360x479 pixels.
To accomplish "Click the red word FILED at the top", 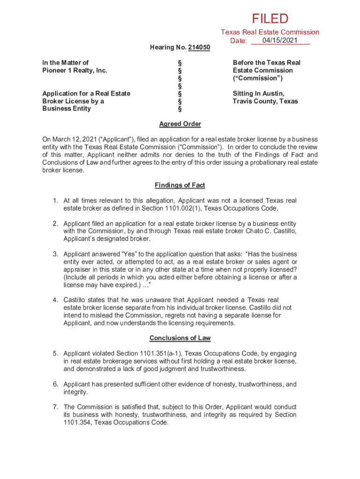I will pos(270,19).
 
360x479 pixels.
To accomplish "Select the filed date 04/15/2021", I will pos(280,41).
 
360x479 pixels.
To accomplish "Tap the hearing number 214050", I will pos(199,48).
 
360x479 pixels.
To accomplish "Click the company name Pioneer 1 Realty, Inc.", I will pos(75,70).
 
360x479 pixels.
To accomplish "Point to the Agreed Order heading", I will pos(180,124).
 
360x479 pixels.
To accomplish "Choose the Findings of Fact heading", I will pos(180,185).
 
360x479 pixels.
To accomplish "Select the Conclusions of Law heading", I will pos(180,338).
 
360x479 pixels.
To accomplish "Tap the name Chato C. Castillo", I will pos(271,231).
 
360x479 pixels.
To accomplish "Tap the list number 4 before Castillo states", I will pos(55,300).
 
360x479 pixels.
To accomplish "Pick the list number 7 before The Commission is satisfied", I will pos(55,407).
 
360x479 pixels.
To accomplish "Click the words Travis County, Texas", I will pos(265,101).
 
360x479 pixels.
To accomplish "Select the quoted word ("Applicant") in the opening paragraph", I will pos(108,140).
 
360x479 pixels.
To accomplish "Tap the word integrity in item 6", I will pos(75,392).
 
